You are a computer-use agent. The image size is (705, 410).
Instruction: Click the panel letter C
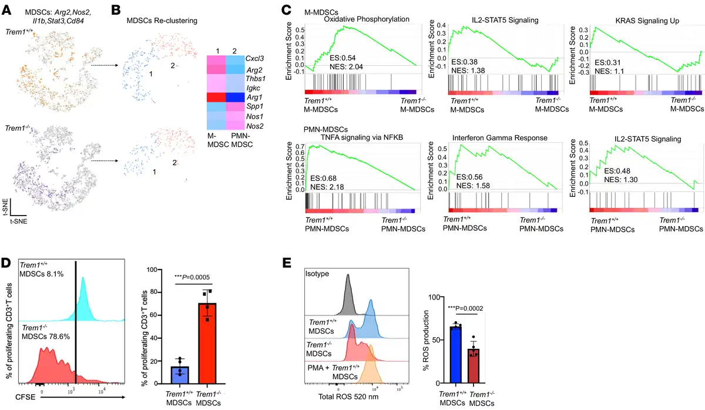(x=286, y=10)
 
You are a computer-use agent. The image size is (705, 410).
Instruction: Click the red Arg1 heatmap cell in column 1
(x=217, y=98)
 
